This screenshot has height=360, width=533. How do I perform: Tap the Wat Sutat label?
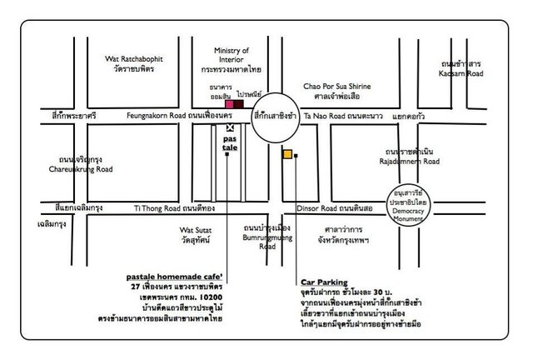[x=197, y=227]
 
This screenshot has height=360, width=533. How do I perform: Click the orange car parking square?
[x=286, y=154]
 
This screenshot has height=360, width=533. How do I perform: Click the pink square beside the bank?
[x=229, y=104]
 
